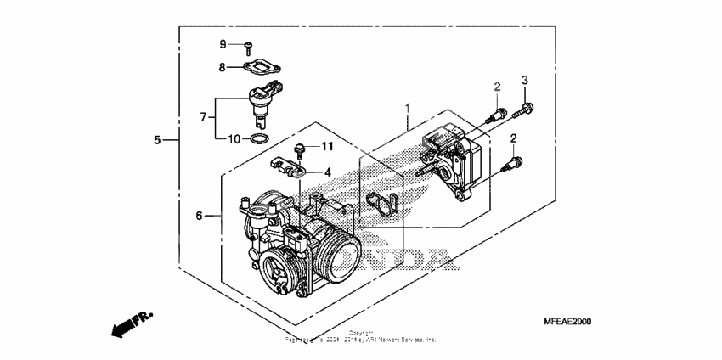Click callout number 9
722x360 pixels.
[223, 44]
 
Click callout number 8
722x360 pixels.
[223, 66]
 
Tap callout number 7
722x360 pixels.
[203, 116]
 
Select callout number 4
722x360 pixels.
[326, 172]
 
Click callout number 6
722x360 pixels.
[200, 217]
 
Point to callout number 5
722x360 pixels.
[157, 139]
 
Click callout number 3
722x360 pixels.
[525, 80]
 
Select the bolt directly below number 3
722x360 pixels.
[525, 108]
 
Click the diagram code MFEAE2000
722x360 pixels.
[567, 322]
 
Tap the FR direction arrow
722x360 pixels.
[129, 323]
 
